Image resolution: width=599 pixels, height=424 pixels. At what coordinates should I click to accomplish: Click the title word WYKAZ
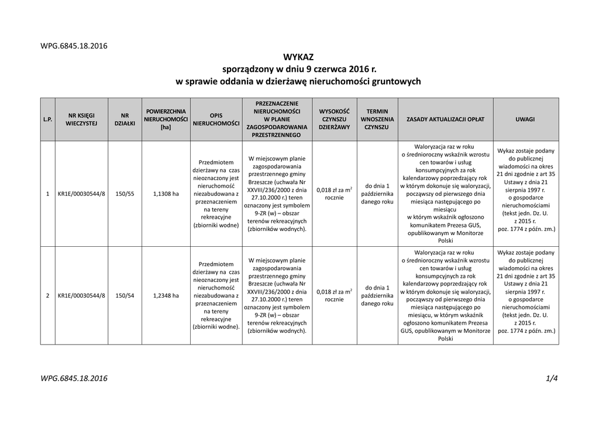coord(298,57)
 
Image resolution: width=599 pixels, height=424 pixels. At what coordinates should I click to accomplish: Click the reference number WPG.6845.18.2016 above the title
coord(74,46)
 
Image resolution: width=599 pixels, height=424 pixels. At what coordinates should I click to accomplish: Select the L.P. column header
coord(47,119)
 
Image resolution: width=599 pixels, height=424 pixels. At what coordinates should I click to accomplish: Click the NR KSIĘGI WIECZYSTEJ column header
coord(81,119)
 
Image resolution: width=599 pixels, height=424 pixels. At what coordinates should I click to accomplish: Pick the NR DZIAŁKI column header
coord(125,119)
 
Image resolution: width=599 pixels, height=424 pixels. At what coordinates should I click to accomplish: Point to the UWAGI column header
coord(525,119)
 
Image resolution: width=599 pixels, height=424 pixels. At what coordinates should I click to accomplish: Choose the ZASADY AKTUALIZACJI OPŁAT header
coord(445,119)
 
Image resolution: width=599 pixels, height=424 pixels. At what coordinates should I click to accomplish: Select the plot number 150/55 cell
coord(125,194)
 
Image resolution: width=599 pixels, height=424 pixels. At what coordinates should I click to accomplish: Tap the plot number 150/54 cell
coord(125,295)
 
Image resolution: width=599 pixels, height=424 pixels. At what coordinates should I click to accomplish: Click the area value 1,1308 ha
coord(166,194)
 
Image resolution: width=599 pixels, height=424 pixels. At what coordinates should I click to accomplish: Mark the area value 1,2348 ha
coord(166,295)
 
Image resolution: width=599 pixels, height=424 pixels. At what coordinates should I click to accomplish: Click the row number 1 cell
coord(47,194)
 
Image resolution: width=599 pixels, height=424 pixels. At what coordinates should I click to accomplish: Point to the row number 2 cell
coord(47,295)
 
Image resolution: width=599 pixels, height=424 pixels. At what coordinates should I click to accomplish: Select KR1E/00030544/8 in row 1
coord(81,194)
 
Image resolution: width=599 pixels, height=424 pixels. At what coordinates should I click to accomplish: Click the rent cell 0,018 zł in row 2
coord(334,295)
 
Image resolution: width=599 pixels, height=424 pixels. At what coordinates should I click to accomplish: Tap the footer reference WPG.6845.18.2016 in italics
coord(74,378)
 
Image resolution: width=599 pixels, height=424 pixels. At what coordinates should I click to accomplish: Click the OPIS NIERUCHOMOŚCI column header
coord(216,119)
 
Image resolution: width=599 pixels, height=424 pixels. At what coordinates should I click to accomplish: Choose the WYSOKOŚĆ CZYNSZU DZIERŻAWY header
coord(334,119)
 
